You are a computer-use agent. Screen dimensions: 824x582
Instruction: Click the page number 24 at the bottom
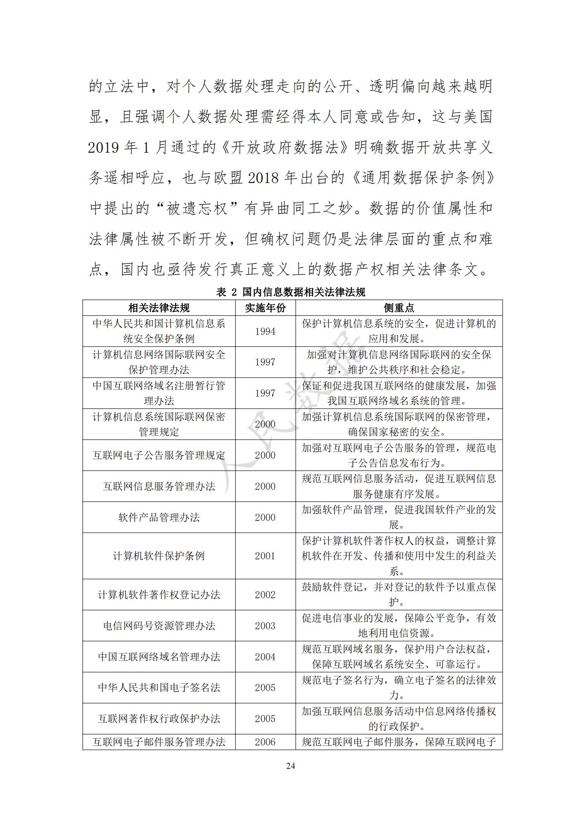pos(291,766)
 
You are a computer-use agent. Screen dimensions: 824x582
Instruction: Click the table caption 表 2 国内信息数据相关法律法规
pos(291,292)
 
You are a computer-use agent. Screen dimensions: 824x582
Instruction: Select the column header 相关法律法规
pos(159,308)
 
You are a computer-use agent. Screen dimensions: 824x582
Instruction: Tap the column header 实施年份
pos(265,308)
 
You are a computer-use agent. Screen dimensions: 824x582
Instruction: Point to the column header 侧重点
pos(399,308)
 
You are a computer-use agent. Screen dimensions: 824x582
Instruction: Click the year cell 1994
pos(265,331)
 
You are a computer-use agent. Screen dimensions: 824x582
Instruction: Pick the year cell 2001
pos(265,556)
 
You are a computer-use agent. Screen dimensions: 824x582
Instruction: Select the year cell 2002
pos(265,595)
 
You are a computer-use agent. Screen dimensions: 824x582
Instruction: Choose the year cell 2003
pos(265,626)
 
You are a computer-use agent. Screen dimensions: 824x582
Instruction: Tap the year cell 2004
pos(265,657)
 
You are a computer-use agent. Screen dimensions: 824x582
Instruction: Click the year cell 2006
pos(265,742)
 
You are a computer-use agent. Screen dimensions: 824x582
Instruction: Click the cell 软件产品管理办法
pos(159,517)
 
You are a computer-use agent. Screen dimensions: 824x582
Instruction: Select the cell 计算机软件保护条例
pos(159,556)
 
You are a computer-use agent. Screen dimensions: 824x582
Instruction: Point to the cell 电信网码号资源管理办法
pos(159,626)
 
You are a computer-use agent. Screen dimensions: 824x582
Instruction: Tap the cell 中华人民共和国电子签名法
pos(159,688)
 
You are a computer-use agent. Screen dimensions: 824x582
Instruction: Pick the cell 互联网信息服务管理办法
pos(159,486)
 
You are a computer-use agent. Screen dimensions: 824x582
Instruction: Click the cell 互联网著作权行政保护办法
pos(159,719)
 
